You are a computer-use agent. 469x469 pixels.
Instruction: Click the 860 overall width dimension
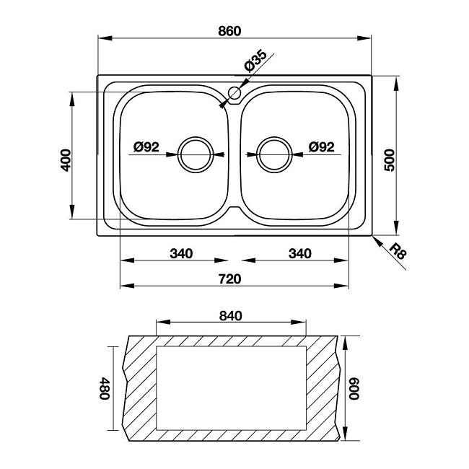(x=229, y=31)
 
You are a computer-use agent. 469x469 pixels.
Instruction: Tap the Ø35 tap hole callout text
(x=255, y=61)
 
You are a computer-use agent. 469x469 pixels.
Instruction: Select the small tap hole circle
(x=234, y=93)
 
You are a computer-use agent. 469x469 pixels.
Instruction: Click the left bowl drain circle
(x=196, y=154)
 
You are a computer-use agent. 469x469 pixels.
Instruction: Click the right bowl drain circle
(x=274, y=154)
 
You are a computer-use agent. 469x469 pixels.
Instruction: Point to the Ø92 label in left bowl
(x=146, y=147)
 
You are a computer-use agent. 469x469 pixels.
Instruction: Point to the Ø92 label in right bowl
(x=322, y=147)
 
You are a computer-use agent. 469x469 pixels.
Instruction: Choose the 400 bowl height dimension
(x=66, y=160)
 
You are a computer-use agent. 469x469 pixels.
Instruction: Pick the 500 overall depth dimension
(x=389, y=160)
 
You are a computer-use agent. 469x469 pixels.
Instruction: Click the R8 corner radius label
(x=399, y=252)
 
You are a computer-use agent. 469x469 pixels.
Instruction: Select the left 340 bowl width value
(x=181, y=254)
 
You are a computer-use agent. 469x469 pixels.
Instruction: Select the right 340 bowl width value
(x=300, y=254)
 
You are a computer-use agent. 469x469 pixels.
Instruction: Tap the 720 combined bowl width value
(x=229, y=279)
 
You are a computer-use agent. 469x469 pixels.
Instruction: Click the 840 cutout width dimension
(x=231, y=316)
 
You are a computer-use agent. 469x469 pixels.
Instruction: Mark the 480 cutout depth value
(x=105, y=388)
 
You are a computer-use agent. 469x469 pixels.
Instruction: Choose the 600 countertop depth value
(x=354, y=388)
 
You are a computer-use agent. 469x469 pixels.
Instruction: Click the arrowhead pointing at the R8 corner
(x=377, y=242)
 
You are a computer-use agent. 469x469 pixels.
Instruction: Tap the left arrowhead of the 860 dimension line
(x=105, y=38)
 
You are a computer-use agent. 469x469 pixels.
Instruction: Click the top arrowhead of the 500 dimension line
(x=396, y=83)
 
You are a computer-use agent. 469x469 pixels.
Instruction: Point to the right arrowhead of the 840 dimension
(x=299, y=322)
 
